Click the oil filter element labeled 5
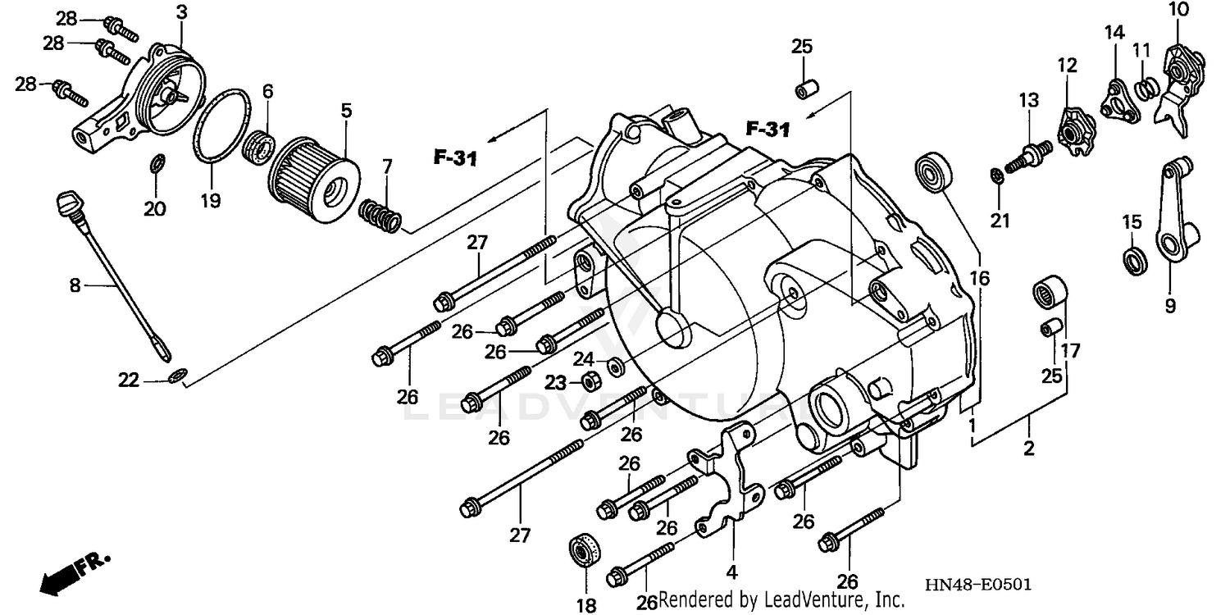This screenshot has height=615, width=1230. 316,175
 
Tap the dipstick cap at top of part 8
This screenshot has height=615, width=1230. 69,199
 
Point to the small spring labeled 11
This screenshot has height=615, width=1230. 1146,85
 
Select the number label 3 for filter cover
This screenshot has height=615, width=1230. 181,12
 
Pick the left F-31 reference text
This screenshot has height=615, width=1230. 454,157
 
